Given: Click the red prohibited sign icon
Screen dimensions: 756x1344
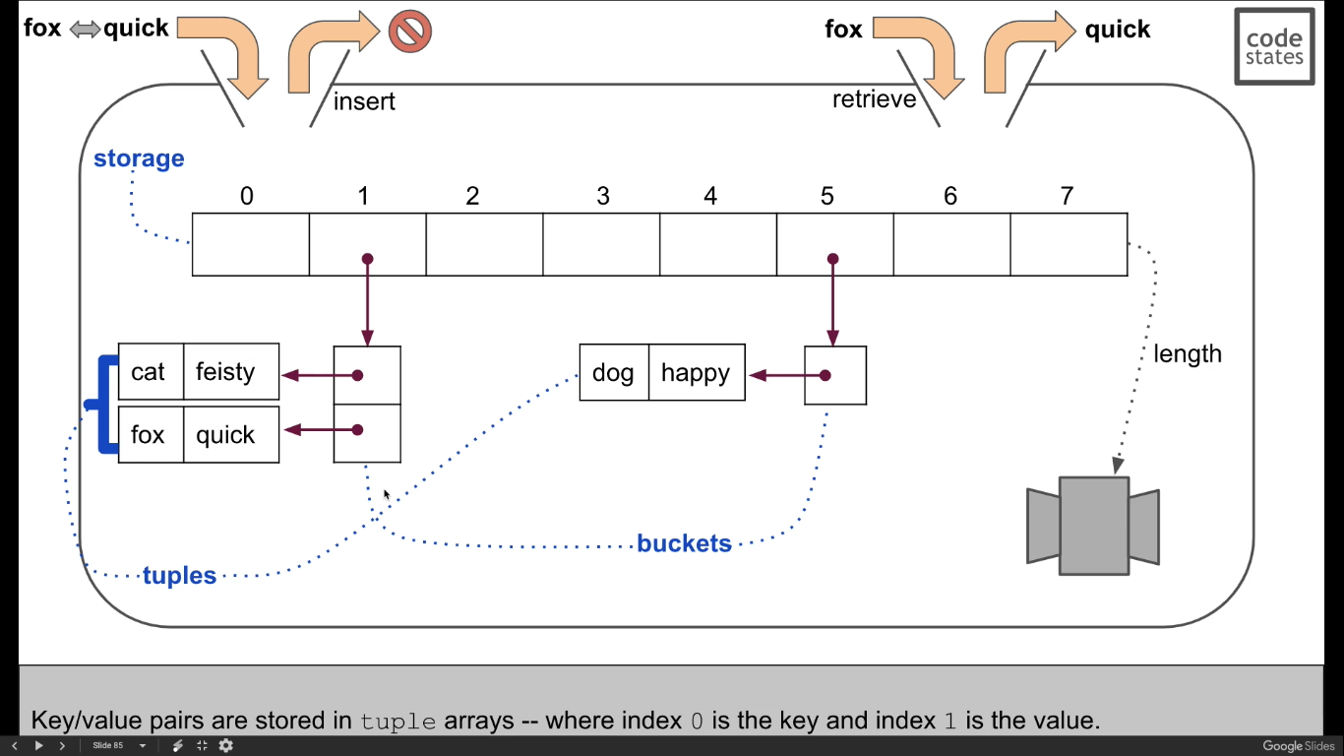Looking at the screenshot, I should (409, 31).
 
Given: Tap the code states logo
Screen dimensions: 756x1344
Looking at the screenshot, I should (1274, 46).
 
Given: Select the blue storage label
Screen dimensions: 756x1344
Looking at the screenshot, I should (139, 158).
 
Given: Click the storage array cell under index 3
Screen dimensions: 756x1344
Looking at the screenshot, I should (600, 244).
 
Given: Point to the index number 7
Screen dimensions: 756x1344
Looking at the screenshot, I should (1067, 196).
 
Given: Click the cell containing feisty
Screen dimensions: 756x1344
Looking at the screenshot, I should (230, 372).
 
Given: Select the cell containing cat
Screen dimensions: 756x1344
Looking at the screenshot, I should (150, 372).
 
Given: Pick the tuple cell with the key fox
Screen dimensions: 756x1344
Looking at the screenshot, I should (150, 435).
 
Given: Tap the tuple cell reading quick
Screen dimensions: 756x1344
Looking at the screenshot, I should (230, 435).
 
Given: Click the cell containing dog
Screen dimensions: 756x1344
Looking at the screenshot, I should (613, 373).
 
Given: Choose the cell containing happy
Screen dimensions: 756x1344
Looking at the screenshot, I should (696, 373).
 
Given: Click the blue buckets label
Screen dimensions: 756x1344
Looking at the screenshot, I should (684, 543).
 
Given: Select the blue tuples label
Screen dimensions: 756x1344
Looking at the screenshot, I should (179, 576).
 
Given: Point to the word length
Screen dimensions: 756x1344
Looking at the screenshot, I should (1187, 354).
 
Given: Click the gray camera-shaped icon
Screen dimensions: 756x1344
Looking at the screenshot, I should (1092, 526).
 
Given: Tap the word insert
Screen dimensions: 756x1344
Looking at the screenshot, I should (364, 101).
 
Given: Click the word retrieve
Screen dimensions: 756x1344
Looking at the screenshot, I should (874, 99).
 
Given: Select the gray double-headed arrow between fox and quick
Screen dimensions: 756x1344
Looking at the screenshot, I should (85, 30).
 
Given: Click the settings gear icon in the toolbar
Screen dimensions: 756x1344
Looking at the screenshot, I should (225, 746).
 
